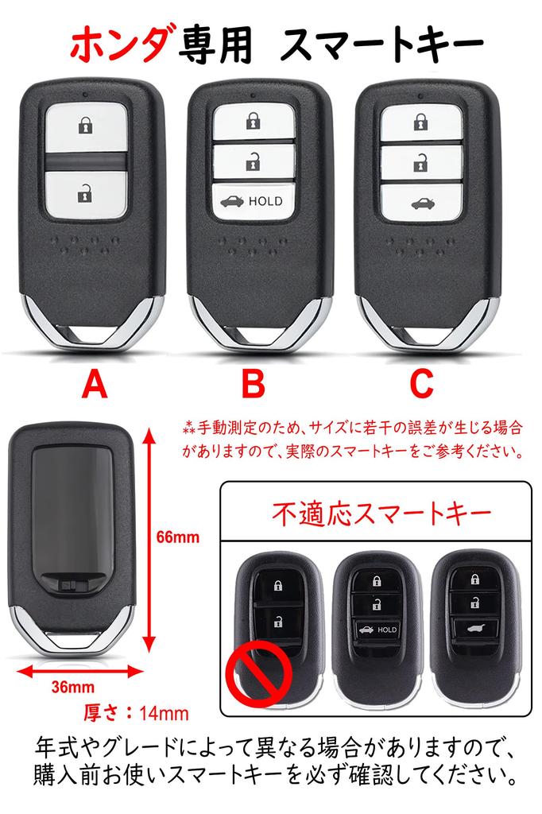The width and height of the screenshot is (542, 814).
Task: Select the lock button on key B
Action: (x=252, y=122)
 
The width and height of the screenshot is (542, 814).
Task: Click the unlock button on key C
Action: (x=419, y=164)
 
